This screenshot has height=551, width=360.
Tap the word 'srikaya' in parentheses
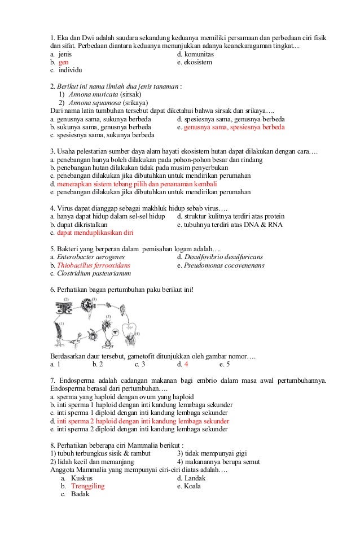[x=134, y=103]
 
